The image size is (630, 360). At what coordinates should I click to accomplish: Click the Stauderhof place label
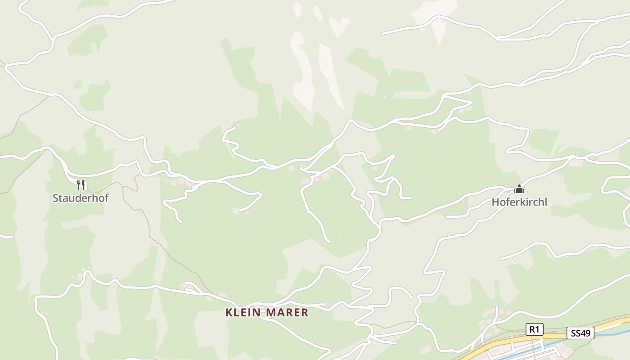[x=81, y=198]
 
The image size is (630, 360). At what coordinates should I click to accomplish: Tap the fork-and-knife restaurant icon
[x=81, y=184]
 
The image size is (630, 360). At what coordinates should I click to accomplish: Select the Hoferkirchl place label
[x=519, y=202]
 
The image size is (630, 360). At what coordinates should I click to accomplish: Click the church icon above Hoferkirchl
[x=519, y=189]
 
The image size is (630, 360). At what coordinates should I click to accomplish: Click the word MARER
[x=287, y=312]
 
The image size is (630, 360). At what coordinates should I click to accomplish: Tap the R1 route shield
[x=534, y=329]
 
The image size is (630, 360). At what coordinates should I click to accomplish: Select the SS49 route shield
[x=580, y=333]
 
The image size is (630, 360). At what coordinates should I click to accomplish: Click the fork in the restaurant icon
[x=78, y=184]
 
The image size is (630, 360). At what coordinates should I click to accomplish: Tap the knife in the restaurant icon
[x=83, y=184]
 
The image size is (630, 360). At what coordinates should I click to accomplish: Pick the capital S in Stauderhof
[x=55, y=198]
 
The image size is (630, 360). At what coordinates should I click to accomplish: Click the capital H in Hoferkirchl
[x=495, y=202]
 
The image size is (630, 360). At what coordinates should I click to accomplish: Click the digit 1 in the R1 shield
[x=537, y=329]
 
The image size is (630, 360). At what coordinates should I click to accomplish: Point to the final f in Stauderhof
[x=107, y=198]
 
